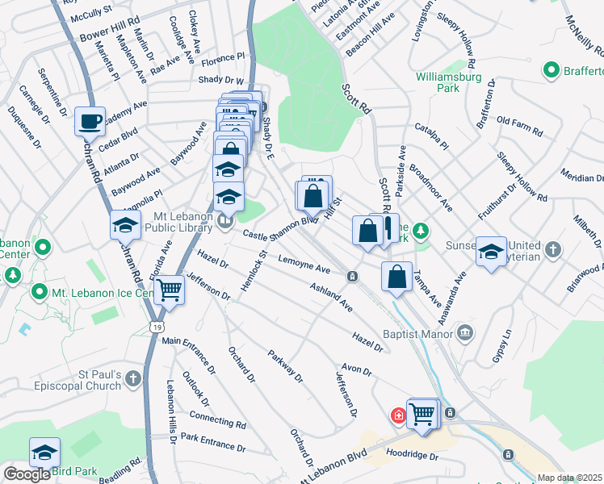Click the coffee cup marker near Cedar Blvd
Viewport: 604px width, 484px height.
click(90, 121)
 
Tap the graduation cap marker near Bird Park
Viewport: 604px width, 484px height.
click(45, 452)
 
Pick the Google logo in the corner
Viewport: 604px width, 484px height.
click(27, 474)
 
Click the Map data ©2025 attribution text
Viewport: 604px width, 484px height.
click(570, 478)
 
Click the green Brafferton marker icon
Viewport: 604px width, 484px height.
click(552, 70)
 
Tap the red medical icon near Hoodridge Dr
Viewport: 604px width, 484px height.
click(398, 415)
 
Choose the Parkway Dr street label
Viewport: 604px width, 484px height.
click(285, 365)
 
